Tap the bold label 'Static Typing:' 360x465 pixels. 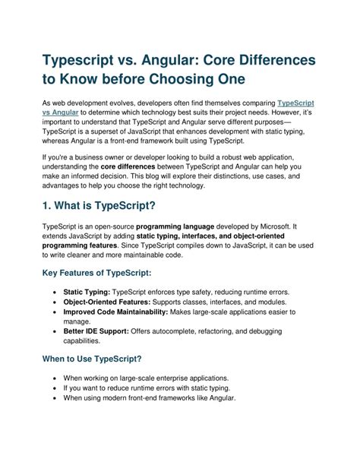point(87,291)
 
